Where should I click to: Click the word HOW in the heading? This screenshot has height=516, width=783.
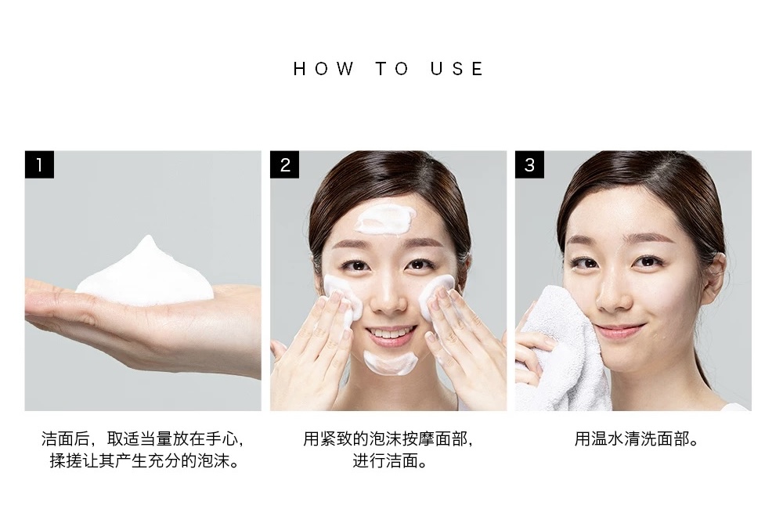tap(323, 68)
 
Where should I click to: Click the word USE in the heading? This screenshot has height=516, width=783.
tap(457, 68)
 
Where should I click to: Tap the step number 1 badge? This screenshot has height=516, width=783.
tap(39, 164)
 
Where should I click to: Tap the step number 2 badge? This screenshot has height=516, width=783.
tap(285, 164)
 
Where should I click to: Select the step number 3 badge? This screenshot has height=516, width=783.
tap(529, 164)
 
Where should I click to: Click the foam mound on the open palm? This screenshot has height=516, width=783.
tap(145, 272)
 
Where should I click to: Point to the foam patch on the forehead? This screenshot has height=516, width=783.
tap(385, 218)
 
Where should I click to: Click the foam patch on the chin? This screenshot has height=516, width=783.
tap(390, 363)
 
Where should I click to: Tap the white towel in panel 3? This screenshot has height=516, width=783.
tap(559, 350)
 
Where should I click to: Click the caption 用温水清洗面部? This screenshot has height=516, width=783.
tap(637, 439)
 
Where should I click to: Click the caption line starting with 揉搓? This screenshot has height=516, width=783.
tap(145, 460)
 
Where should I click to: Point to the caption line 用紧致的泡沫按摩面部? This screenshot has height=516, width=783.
tap(388, 439)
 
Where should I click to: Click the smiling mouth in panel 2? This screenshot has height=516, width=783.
tap(391, 334)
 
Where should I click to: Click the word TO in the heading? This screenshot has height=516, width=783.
tap(392, 68)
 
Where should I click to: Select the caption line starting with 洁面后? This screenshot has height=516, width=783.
tap(143, 439)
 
